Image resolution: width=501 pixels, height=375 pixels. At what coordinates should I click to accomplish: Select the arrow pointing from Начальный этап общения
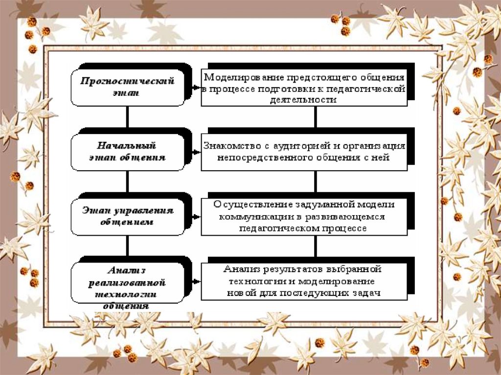coord(194,152)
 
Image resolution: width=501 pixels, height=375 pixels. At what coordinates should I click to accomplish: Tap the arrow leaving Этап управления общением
coord(194,217)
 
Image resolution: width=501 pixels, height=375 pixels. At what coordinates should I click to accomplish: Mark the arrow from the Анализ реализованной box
coord(194,282)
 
